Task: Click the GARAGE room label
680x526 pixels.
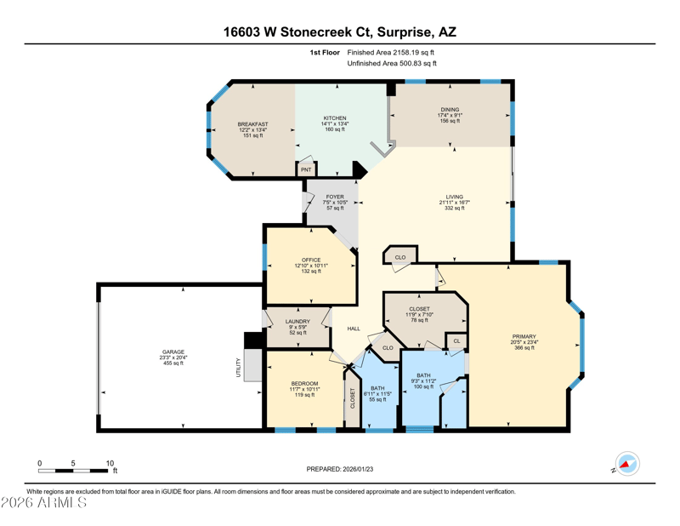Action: [173, 352]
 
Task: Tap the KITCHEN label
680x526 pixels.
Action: [335, 118]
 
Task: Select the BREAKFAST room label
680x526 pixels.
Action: [252, 124]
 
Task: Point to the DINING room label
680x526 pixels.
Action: [450, 110]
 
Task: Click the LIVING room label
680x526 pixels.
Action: [455, 197]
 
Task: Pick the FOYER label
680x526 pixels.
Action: [335, 197]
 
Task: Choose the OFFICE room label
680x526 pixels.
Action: [311, 260]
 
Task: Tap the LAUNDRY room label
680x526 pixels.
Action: [297, 322]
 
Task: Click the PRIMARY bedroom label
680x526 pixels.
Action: [524, 336]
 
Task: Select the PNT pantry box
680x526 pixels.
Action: [306, 169]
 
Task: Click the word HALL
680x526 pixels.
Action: [354, 329]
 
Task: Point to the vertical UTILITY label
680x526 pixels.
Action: [238, 368]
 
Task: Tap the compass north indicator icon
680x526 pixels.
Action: [627, 464]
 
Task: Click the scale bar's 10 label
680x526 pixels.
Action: [110, 464]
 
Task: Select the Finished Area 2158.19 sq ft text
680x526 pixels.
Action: [390, 53]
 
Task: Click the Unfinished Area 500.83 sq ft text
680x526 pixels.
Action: [392, 64]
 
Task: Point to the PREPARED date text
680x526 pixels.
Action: [339, 469]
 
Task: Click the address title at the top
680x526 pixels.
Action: [339, 31]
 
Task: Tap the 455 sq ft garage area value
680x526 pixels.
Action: [173, 363]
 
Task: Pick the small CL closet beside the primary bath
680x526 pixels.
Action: [456, 341]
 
